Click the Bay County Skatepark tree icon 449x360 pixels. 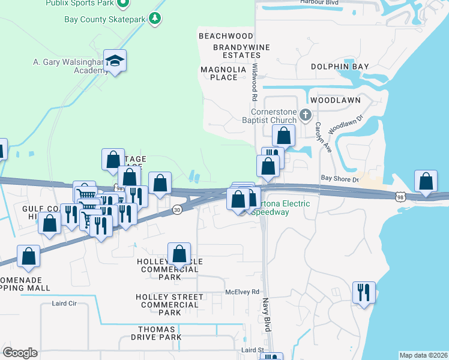155,19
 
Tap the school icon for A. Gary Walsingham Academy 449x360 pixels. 114,61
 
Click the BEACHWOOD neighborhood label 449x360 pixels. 226,37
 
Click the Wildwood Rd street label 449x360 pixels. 255,82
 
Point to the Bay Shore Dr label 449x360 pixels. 339,179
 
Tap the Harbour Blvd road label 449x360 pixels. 319,2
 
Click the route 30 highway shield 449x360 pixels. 176,209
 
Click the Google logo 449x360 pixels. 20,353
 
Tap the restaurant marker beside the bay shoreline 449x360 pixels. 364,293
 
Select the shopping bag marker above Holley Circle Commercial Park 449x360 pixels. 179,254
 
